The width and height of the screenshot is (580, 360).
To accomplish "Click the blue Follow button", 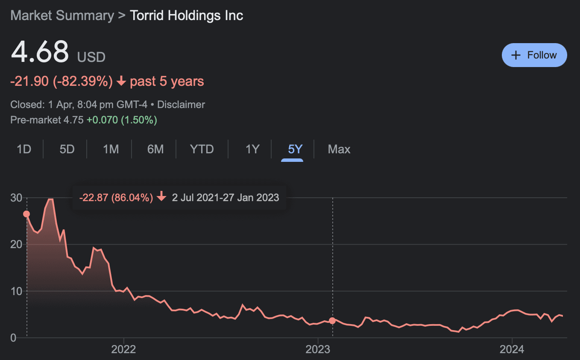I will pyautogui.click(x=534, y=55).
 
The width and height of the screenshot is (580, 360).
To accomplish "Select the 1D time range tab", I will pyautogui.click(x=24, y=149).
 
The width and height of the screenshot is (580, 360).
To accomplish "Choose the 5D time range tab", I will pyautogui.click(x=67, y=149).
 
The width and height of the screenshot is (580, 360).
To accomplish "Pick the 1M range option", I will pyautogui.click(x=111, y=149).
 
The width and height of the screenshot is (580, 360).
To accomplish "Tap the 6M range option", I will pyautogui.click(x=155, y=149).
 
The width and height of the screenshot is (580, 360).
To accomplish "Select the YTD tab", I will pyautogui.click(x=202, y=149).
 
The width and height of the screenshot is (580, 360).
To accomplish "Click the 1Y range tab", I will pyautogui.click(x=252, y=149).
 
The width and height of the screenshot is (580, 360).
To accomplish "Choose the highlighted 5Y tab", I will pyautogui.click(x=295, y=149).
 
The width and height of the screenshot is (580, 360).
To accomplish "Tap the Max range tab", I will pyautogui.click(x=339, y=149).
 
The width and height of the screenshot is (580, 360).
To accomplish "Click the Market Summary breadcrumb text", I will pyautogui.click(x=62, y=15).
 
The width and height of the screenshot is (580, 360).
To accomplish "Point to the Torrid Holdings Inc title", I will pyautogui.click(x=187, y=15).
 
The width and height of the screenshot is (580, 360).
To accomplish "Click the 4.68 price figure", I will pyautogui.click(x=40, y=52).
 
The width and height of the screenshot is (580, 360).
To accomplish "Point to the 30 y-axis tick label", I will pyautogui.click(x=16, y=198).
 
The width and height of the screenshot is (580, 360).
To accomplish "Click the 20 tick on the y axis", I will pyautogui.click(x=16, y=244).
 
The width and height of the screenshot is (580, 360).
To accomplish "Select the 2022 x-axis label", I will pyautogui.click(x=123, y=349).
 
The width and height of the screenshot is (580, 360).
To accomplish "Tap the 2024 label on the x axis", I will pyautogui.click(x=512, y=349).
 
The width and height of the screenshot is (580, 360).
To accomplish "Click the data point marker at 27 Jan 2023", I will pyautogui.click(x=332, y=321).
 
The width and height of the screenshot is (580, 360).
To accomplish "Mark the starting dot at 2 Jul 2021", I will pyautogui.click(x=26, y=214).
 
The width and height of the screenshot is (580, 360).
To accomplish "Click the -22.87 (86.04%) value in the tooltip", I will pyautogui.click(x=116, y=197).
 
